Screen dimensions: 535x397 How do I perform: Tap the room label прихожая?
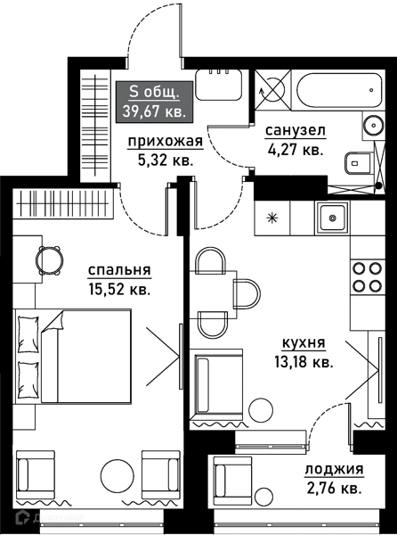pos(165,141)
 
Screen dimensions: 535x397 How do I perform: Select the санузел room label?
pos(295,131)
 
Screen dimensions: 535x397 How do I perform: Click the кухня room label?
pos(304,343)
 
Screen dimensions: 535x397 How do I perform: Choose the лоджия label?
pos(334,470)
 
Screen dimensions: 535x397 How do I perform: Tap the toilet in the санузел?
pos(355,162)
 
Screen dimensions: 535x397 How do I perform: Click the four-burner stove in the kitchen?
pos(364,276)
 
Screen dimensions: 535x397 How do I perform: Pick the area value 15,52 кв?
pos(118,289)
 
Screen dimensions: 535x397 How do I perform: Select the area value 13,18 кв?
pos(304,361)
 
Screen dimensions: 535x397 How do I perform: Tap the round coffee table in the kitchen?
pos(259,410)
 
